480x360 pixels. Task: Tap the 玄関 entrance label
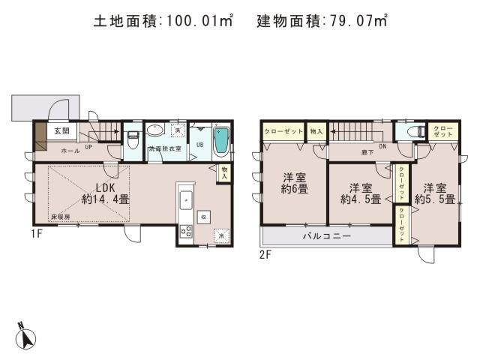[x=61, y=131]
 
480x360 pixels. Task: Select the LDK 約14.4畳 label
[x=102, y=193]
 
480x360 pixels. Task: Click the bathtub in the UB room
[x=222, y=142]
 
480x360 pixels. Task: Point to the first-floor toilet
[x=133, y=139]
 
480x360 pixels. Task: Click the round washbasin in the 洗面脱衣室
[x=154, y=130]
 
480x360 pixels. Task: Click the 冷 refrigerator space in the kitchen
[x=222, y=235]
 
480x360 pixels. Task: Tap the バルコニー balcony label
[x=327, y=235]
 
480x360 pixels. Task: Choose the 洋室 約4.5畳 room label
[x=358, y=192]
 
